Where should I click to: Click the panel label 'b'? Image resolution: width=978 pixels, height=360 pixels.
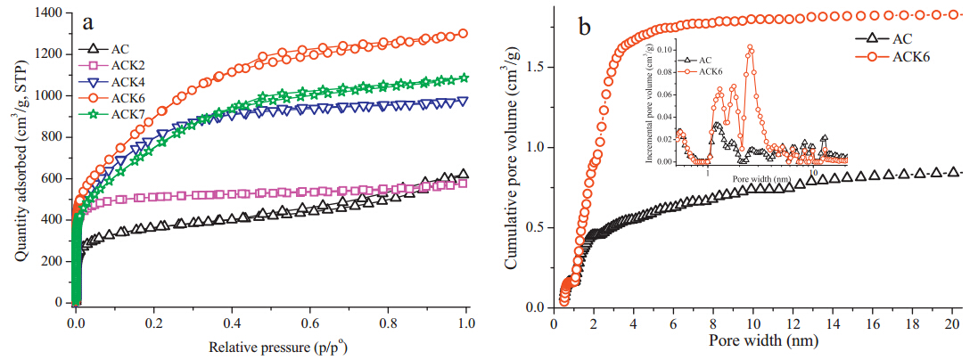point(586,26)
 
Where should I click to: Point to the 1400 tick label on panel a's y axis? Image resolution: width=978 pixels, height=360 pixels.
point(45,13)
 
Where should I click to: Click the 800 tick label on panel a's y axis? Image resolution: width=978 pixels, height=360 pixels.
point(49,137)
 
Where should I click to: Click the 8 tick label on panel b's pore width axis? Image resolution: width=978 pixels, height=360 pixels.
point(712,323)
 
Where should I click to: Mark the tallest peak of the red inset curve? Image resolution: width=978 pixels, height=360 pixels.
point(750,47)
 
